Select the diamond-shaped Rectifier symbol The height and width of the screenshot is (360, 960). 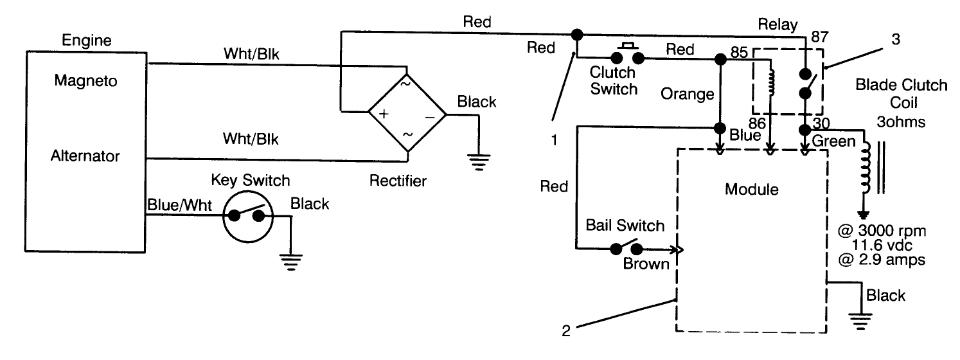pos(407,116)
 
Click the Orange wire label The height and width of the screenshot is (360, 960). pos(688,94)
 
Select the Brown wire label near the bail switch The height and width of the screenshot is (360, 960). pos(646,264)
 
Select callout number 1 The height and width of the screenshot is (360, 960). pos(553,138)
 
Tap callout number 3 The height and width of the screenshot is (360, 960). pos(896,39)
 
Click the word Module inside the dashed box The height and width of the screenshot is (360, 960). pos(751,190)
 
